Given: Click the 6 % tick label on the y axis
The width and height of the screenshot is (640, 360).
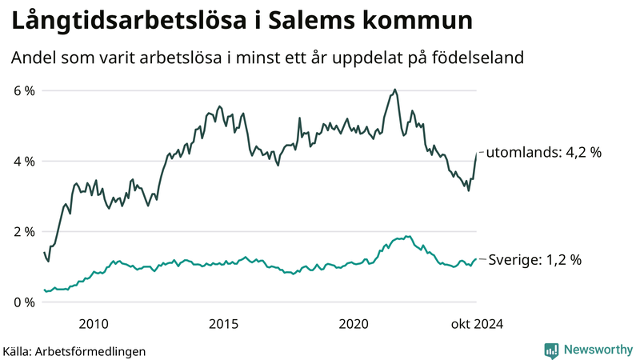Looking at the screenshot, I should coord(23,90).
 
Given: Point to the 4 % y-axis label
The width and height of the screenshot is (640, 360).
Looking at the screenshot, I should coord(23,161).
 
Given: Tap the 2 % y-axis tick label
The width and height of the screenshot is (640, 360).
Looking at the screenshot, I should coord(23,231).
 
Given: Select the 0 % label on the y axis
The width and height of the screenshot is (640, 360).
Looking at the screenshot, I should coord(23,302).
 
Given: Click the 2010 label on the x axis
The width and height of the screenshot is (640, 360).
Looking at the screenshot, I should coord(94,323).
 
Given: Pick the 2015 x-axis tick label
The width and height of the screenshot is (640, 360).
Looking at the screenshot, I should coord(224,323).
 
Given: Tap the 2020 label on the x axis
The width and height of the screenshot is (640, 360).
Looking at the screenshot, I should coord(354,323).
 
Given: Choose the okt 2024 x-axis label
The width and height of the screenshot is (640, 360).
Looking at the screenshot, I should coord(477,323).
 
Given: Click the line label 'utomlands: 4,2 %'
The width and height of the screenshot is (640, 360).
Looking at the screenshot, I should coord(543,151).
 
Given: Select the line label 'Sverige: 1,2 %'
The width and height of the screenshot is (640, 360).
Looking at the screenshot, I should coord(534,259).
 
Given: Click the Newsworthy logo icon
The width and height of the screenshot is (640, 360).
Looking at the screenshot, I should coord(551,350).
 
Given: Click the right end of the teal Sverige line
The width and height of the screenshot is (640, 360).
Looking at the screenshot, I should coord(476,259).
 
